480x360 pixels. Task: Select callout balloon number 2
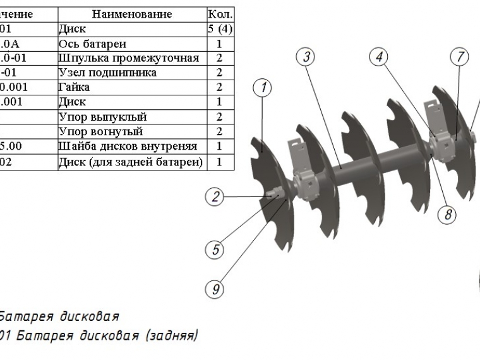(x=216, y=197)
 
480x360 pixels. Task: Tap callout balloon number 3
(x=306, y=57)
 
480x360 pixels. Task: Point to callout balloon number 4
(x=379, y=57)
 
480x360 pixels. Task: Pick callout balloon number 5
(x=216, y=250)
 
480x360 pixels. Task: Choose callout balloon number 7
(x=459, y=57)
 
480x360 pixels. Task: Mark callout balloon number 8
(x=448, y=214)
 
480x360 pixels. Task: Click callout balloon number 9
(x=216, y=290)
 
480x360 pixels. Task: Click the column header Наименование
(x=131, y=13)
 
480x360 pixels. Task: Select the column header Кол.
(x=220, y=13)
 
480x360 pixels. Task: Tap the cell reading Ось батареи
(x=92, y=44)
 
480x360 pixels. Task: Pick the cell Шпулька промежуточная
(x=129, y=58)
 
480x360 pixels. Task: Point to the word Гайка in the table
(x=74, y=87)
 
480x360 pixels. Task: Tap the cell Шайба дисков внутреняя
(x=128, y=147)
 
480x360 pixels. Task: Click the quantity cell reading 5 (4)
(x=220, y=28)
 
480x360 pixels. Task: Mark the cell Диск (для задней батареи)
(x=131, y=161)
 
